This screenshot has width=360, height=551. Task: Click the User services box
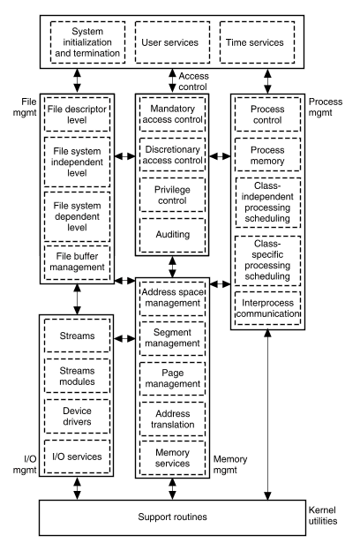pos(172,42)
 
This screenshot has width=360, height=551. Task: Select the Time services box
pos(257,42)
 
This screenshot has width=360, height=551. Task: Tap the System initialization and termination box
pos(88,42)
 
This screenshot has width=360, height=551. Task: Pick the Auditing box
pos(172,235)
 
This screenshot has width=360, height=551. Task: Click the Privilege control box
pos(172,194)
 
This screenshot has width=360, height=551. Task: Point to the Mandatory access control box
pos(172,114)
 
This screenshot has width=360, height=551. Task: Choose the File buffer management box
pos(78,262)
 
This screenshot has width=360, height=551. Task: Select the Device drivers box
pos(78,416)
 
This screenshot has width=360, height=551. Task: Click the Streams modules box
pos(78,375)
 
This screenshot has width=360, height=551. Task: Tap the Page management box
pos(172,379)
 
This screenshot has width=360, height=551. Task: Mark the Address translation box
pos(172,419)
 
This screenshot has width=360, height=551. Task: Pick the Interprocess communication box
pos(267,308)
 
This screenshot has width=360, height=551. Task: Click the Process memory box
pos(267,155)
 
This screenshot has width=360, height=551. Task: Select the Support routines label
pos(172,517)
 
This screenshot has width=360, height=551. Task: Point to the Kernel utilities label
pos(323,516)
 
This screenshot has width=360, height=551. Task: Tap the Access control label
pos(193,81)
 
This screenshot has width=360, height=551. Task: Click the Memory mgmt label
pos(230,464)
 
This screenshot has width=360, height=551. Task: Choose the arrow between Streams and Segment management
pos(124,339)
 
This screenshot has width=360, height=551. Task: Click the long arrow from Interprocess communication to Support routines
pos(267,415)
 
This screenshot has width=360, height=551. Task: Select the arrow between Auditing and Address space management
pos(172,267)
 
